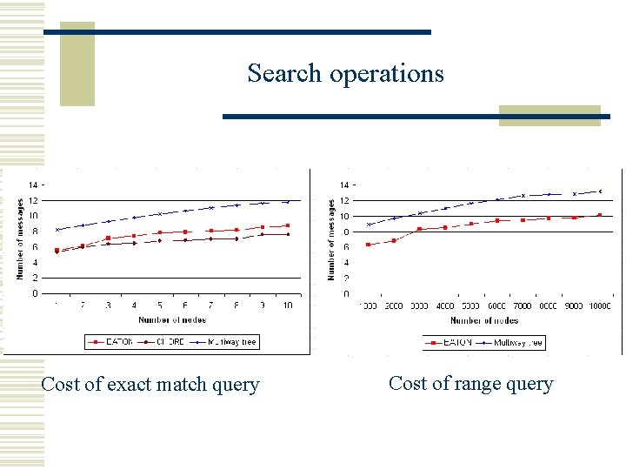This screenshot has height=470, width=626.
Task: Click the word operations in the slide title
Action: click(386, 74)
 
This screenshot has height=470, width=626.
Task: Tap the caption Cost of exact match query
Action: click(150, 384)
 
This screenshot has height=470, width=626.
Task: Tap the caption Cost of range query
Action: click(470, 383)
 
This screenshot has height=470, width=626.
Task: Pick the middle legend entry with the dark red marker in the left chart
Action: click(166, 342)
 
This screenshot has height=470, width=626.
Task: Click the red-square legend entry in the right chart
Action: click(450, 343)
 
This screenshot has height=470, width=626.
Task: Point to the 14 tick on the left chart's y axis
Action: click(32, 185)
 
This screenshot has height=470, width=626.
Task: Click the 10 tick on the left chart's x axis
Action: click(288, 305)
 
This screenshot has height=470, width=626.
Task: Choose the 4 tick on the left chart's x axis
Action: click(134, 305)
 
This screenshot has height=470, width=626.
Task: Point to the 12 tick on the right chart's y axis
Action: click(344, 201)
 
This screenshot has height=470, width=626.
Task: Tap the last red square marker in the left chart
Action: click(288, 225)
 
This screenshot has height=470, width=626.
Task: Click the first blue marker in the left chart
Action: click(57, 230)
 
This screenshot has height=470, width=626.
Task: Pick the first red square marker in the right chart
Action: click(369, 245)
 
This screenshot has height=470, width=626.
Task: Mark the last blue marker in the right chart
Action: click(600, 191)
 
